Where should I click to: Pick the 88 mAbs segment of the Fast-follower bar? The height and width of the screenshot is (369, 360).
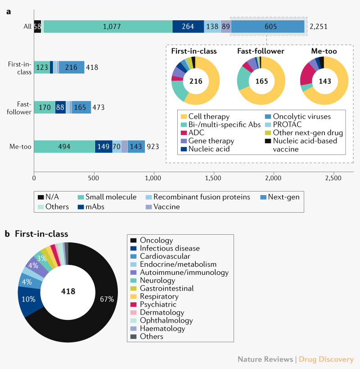tap(60, 108)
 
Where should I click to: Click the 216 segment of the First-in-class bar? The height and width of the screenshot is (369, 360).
tap(71, 67)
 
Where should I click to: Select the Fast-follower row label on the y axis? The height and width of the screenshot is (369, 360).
tap(20, 108)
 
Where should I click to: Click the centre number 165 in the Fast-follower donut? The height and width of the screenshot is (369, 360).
tap(261, 82)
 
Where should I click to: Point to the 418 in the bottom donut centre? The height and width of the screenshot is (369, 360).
tap(68, 291)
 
